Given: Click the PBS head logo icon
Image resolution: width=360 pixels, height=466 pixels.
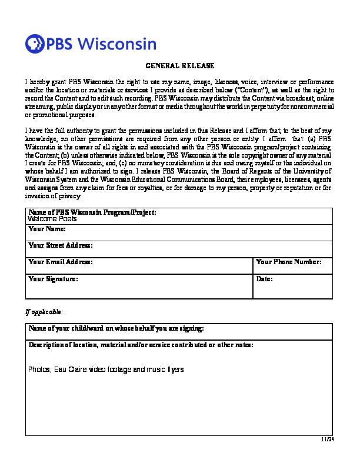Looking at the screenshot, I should pyautogui.click(x=35, y=44).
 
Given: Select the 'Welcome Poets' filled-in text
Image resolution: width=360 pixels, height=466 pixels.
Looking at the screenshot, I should pyautogui.click(x=52, y=218).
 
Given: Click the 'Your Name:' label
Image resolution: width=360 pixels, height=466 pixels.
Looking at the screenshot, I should pyautogui.click(x=46, y=228).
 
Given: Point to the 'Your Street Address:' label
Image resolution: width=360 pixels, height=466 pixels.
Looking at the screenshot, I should pyautogui.click(x=61, y=245).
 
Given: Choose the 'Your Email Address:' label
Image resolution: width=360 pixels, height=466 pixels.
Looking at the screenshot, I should pyautogui.click(x=61, y=261).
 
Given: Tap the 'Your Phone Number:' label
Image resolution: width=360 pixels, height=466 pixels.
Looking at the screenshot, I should pyautogui.click(x=289, y=261).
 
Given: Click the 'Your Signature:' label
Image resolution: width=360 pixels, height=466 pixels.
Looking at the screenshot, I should pyautogui.click(x=53, y=278).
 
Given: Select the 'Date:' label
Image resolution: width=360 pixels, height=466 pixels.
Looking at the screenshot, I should pyautogui.click(x=265, y=278).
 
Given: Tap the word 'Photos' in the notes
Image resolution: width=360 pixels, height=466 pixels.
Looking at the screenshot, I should pyautogui.click(x=39, y=370).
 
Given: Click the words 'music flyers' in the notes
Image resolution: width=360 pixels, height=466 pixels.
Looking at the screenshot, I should pyautogui.click(x=165, y=370).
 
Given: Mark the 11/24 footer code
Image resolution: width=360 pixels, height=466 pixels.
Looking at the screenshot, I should pyautogui.click(x=328, y=439).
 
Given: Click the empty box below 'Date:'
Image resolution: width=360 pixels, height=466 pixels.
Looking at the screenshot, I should pyautogui.click(x=293, y=289).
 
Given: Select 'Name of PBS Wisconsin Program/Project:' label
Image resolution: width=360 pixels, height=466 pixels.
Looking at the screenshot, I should pyautogui.click(x=92, y=212).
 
